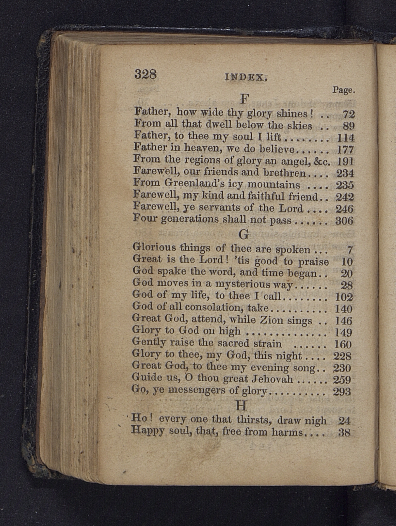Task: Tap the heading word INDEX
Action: [246, 77]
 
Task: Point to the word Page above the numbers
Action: [343, 90]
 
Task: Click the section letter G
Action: [244, 234]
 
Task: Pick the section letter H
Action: [241, 405]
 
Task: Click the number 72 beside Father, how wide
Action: [348, 114]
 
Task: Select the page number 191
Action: [345, 162]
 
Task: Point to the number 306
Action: [344, 221]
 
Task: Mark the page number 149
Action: [343, 332]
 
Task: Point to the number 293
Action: [342, 391]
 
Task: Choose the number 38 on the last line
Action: [344, 433]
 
